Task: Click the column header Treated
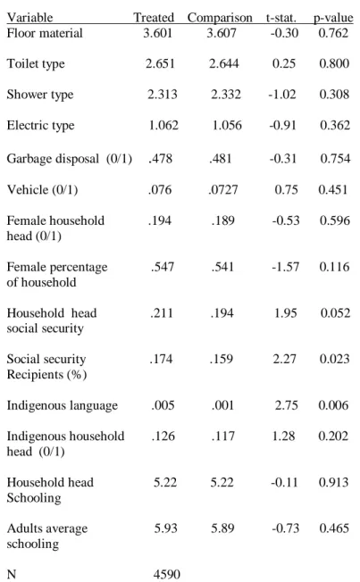[x=154, y=17]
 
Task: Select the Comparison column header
[x=220, y=18]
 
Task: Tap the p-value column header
[x=333, y=18]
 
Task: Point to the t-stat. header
[x=280, y=18]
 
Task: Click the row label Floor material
[x=45, y=33]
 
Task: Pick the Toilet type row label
[x=36, y=64]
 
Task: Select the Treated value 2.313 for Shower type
[x=162, y=95]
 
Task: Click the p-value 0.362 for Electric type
[x=335, y=125]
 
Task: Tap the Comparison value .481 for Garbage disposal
[x=221, y=159]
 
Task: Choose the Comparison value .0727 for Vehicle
[x=223, y=189]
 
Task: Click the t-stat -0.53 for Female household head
[x=285, y=220]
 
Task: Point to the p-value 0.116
[x=334, y=267]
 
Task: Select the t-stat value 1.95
[x=285, y=313]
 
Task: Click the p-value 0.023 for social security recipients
[x=334, y=359]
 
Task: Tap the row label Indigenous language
[x=62, y=405]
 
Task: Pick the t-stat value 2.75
[x=286, y=405]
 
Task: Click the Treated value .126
[x=163, y=436]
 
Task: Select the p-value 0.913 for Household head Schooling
[x=333, y=482]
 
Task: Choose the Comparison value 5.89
[x=222, y=528]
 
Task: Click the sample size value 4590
[x=167, y=574]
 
